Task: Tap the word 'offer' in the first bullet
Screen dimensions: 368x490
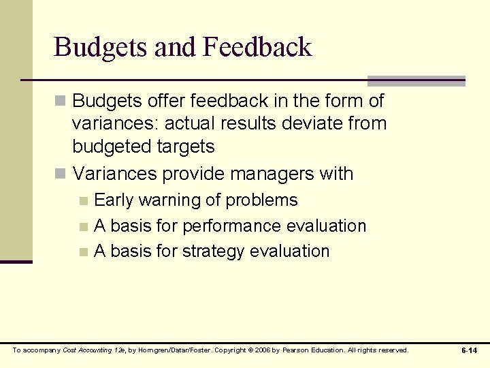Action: pos(157,101)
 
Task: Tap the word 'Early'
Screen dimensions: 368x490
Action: pos(115,200)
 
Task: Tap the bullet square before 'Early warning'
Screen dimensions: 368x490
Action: pos(83,201)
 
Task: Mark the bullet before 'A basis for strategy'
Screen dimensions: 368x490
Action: pos(83,252)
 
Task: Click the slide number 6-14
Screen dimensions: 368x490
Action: pos(469,350)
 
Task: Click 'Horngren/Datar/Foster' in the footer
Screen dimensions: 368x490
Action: pos(170,350)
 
